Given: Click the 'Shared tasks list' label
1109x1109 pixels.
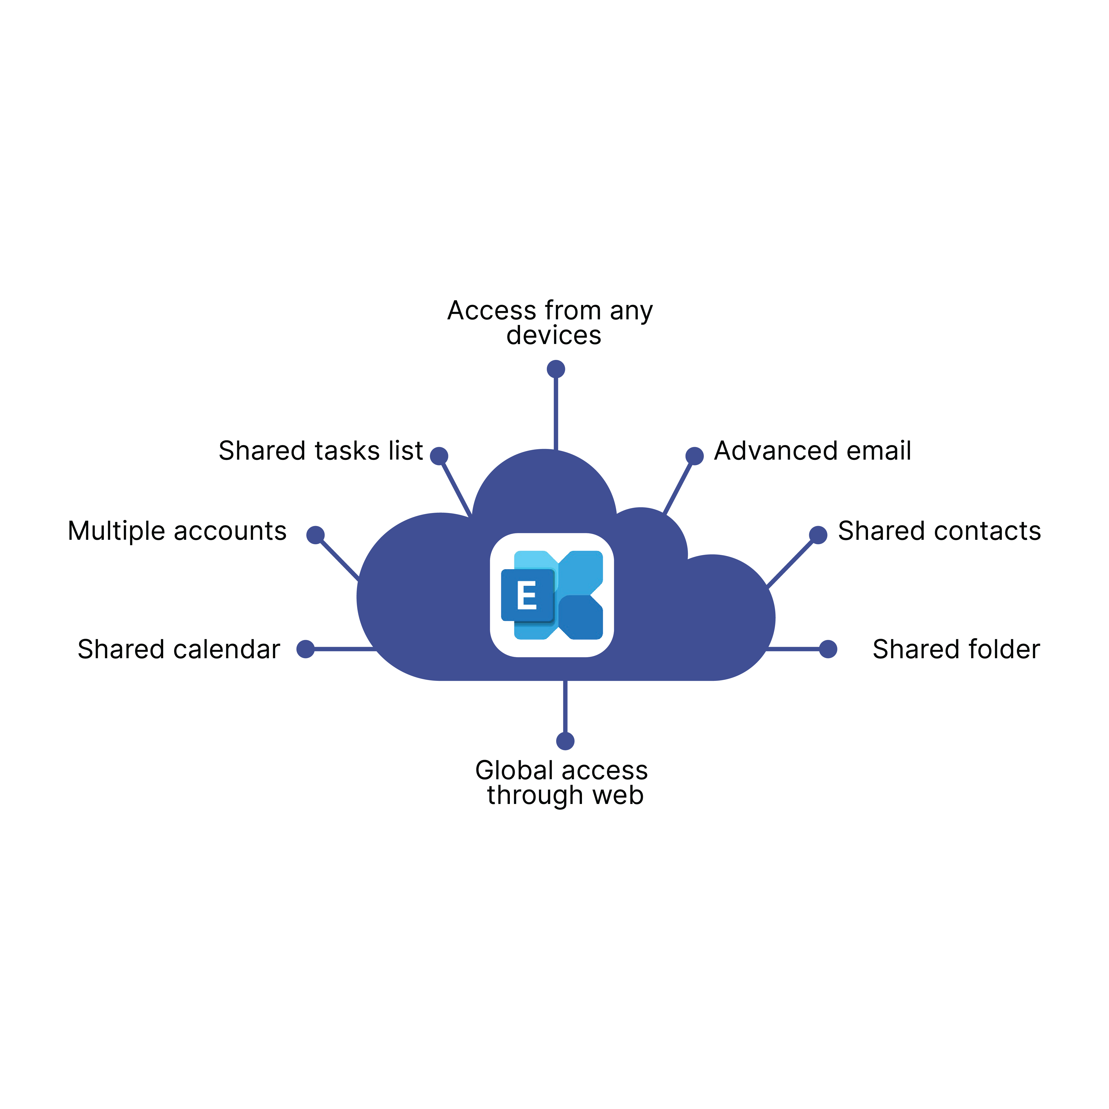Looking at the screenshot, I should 320,451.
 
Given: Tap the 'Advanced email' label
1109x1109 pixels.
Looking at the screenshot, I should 812,451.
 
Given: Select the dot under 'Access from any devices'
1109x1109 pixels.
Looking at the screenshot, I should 556,369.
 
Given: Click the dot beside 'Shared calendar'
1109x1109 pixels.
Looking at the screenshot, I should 305,649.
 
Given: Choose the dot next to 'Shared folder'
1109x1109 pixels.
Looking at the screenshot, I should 828,649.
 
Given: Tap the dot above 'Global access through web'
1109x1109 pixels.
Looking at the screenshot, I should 565,741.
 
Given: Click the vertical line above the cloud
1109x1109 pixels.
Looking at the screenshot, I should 556,413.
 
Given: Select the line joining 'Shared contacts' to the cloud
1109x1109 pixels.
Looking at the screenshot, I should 791,562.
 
